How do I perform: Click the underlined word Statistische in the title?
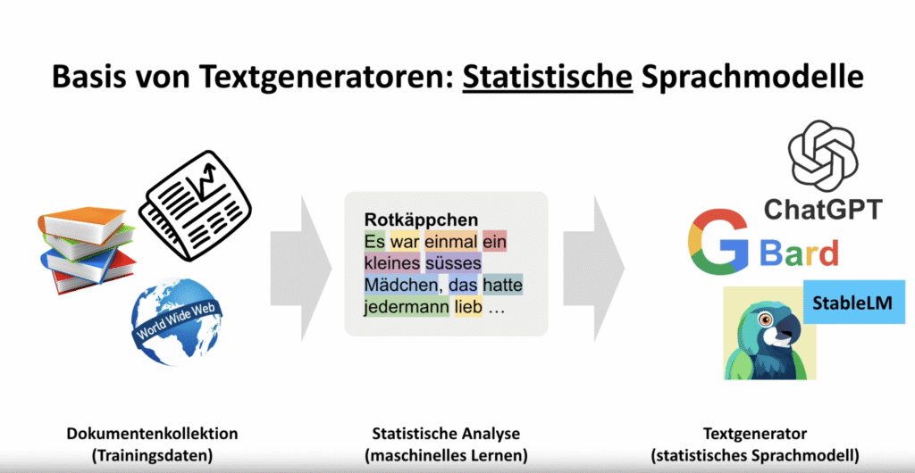(548, 78)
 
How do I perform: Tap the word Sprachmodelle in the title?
(752, 78)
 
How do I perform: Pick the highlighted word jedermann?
(407, 308)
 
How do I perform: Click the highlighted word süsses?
(453, 263)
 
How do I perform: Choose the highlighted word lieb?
(468, 308)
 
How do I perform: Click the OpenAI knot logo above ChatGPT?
(823, 155)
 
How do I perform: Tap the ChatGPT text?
(823, 209)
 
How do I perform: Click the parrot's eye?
(766, 319)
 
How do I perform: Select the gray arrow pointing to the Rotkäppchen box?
(301, 268)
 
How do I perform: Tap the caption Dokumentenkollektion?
(152, 434)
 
